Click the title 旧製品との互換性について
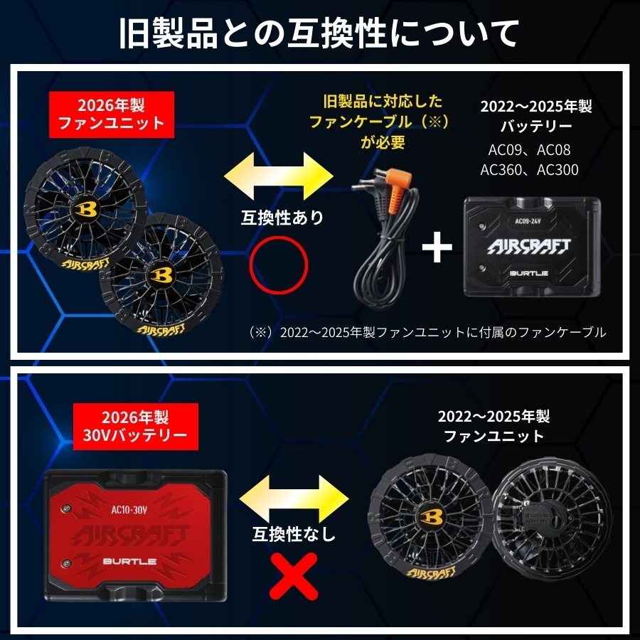[319, 33]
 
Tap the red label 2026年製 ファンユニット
[112, 114]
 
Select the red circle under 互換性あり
[279, 265]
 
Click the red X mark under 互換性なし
[294, 576]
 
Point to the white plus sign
[437, 247]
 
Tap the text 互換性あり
[282, 218]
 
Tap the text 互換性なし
[294, 534]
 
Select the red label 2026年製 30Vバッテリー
[136, 427]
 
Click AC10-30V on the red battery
[129, 510]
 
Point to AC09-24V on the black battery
[528, 221]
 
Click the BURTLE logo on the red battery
[130, 561]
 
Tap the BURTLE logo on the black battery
[529, 273]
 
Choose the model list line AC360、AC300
[529, 170]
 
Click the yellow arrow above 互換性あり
[279, 176]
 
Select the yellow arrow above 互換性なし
[294, 498]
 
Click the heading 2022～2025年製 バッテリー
[536, 116]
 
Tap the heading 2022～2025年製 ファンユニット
[494, 426]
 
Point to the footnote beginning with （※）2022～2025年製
[427, 332]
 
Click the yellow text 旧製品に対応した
[383, 101]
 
